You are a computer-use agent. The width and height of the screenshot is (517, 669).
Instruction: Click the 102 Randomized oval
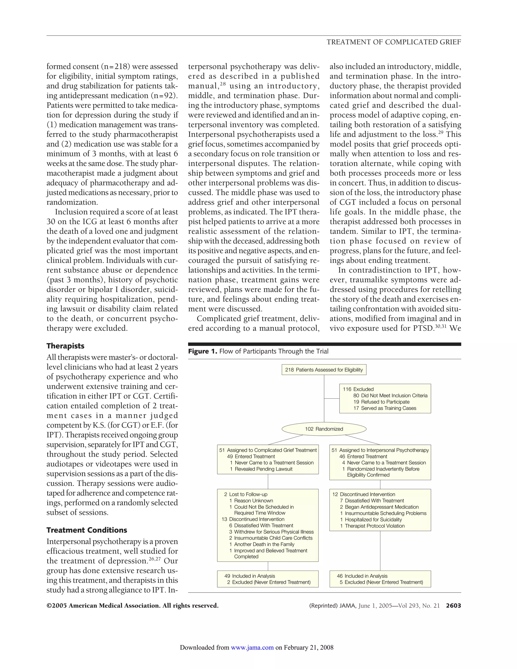pos(324,429)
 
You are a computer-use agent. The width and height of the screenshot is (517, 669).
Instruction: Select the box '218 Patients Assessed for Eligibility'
pos(324,370)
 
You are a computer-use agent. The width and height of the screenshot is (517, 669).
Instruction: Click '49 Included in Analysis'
pos(250,576)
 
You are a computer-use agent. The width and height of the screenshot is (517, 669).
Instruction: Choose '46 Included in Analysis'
pos(362,576)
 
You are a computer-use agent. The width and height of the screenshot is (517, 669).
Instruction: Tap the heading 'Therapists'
pos(65,346)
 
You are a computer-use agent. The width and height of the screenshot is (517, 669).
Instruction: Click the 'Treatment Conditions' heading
pos(87,530)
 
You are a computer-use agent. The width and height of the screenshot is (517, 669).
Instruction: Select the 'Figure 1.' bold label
pos(202,351)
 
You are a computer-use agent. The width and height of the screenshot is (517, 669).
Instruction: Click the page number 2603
pos(453,606)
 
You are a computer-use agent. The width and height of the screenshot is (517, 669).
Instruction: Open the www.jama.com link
pos(252,647)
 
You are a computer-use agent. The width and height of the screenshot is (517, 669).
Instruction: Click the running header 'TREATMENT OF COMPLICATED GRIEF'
pos(394,42)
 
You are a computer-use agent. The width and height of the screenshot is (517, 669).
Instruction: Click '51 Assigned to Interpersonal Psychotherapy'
pos(380,450)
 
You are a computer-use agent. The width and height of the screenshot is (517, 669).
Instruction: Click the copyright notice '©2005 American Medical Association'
pos(132,606)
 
